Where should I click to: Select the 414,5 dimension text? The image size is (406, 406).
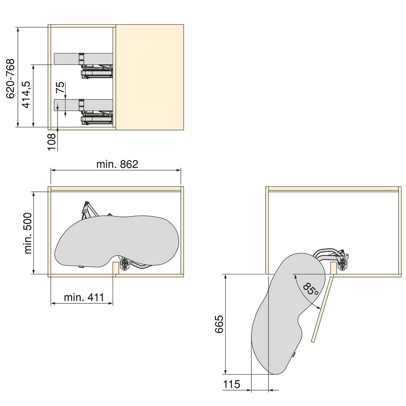click(26, 95)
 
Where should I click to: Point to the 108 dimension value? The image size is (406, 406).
click(52, 142)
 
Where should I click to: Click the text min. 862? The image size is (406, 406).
click(117, 164)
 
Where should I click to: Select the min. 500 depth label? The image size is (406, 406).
click(28, 233)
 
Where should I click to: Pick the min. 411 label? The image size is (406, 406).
click(84, 297)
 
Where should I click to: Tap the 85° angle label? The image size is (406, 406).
click(310, 290)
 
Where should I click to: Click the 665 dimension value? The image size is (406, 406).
click(219, 325)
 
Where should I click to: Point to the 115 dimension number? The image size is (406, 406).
click(232, 384)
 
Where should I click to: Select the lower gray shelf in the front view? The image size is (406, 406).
click(67, 105)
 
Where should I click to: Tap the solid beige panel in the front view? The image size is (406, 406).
click(150, 77)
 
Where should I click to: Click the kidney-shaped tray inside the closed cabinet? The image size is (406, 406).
click(119, 240)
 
